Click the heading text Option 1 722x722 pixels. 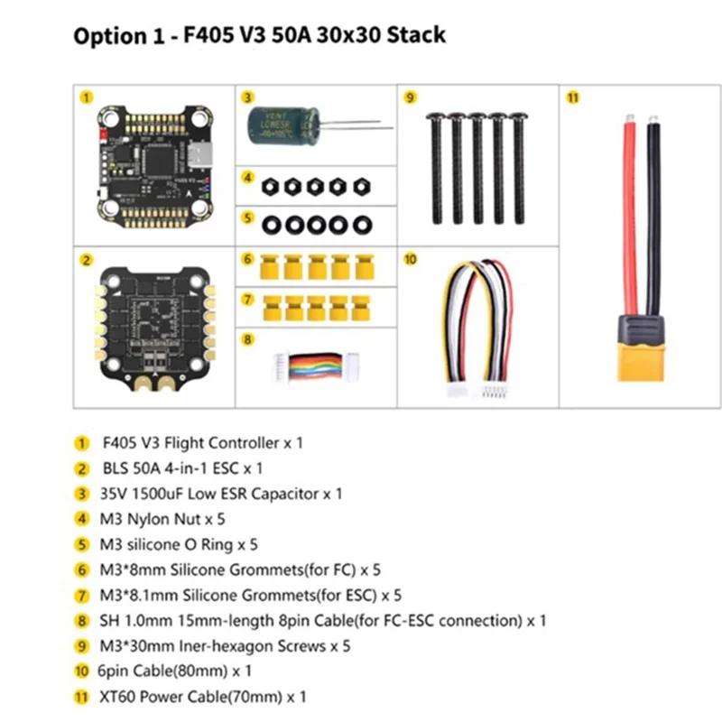click(118, 36)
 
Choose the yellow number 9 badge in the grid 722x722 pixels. click(409, 96)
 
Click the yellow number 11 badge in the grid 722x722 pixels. click(571, 96)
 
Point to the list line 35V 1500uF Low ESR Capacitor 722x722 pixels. click(222, 494)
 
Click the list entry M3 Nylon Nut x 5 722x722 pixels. click(162, 519)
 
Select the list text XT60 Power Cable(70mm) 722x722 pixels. click(204, 697)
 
